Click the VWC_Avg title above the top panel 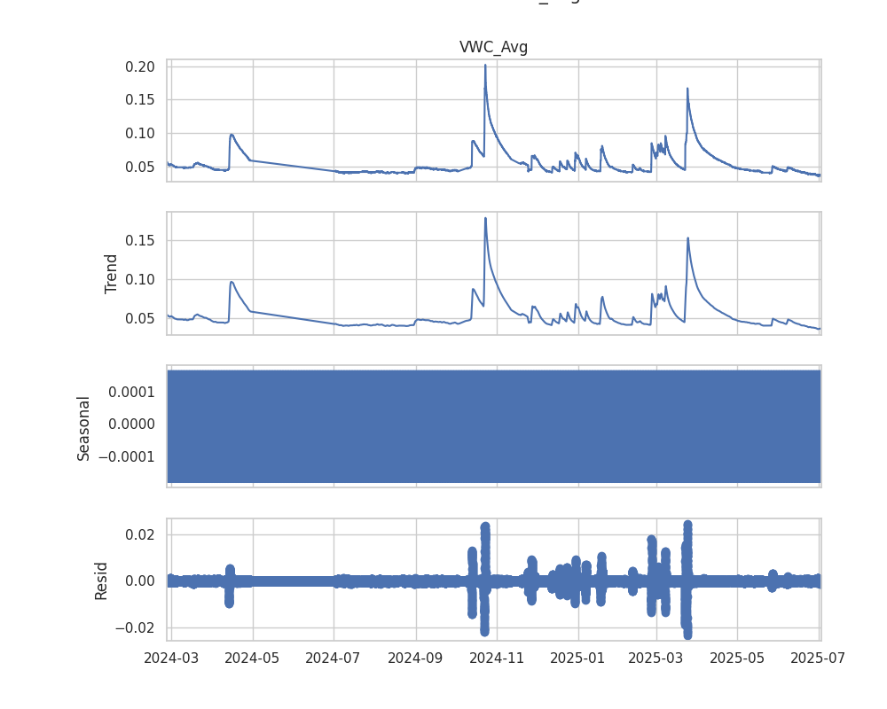tap(493, 48)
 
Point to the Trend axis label tap(111, 274)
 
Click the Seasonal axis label tap(84, 428)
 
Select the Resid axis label tap(101, 580)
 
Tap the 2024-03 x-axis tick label tap(170, 658)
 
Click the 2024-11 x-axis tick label tap(497, 658)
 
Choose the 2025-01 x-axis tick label tap(578, 658)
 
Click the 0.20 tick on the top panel tap(141, 66)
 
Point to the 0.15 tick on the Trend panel tap(141, 240)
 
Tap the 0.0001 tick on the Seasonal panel tap(132, 392)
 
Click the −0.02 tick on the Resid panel tap(137, 627)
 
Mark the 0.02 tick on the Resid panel tap(141, 534)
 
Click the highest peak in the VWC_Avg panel tap(485, 65)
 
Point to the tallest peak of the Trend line tap(485, 218)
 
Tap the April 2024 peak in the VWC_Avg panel tap(231, 135)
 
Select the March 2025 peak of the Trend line tap(687, 238)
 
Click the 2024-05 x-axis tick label tap(253, 658)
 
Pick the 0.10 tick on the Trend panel tap(141, 279)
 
